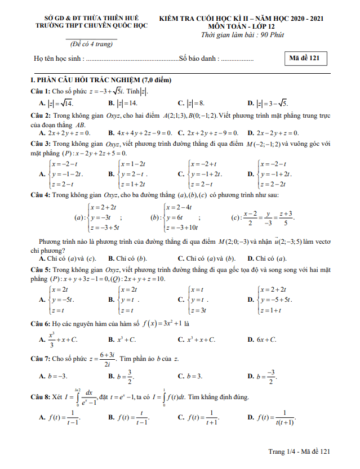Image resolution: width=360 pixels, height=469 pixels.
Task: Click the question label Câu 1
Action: tap(41, 91)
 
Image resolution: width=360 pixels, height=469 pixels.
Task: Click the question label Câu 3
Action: tap(41, 144)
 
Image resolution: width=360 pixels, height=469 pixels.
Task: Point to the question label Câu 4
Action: tap(41, 195)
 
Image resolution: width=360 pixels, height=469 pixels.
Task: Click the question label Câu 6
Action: tap(41, 324)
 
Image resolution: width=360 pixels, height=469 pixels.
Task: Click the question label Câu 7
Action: tap(41, 358)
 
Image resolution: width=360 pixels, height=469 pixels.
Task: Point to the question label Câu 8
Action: tap(41, 396)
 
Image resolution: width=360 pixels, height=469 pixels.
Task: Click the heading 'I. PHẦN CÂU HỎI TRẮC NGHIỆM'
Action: tap(101, 81)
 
